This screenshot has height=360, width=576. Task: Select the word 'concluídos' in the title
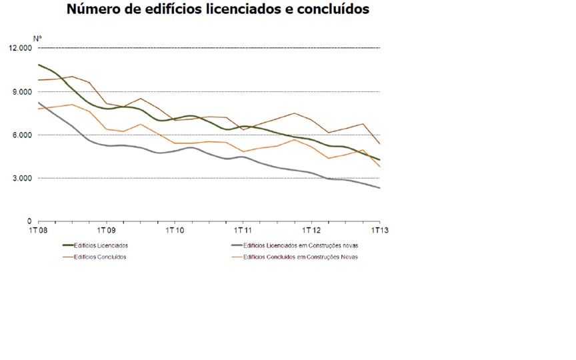point(331,10)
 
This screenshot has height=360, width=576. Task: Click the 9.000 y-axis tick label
point(22,92)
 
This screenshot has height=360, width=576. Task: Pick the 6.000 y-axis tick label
point(22,135)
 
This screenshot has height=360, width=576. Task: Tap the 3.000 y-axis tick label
point(22,179)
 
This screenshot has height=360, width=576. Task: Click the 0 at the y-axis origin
point(29,221)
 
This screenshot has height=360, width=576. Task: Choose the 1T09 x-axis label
point(106,231)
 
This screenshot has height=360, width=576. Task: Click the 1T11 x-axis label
point(243,231)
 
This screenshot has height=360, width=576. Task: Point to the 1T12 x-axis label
point(311,231)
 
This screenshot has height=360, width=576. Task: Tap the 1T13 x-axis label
point(379,231)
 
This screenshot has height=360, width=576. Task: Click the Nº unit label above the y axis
point(37,39)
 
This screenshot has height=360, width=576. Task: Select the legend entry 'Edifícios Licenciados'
point(101,246)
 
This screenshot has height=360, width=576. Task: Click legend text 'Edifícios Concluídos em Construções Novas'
point(301,257)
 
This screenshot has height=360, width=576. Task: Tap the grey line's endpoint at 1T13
point(380,189)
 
